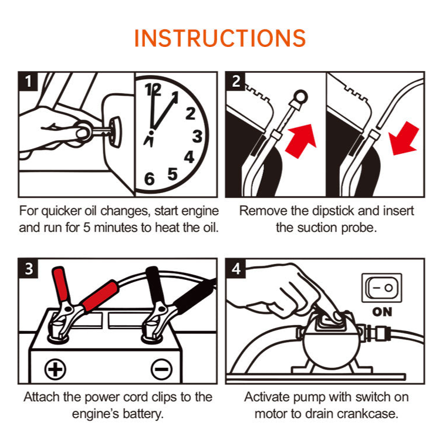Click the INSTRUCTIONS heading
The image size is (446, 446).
[x=220, y=38]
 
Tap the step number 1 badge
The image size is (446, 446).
[x=28, y=81]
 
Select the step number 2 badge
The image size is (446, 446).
[x=236, y=81]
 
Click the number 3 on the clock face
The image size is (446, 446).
[x=197, y=136]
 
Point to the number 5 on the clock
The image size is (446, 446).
[x=173, y=174]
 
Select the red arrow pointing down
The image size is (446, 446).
[x=407, y=138]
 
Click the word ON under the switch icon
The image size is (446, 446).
[x=382, y=312]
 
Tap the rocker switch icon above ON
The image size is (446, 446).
[x=382, y=289]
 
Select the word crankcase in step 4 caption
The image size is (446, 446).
[x=369, y=414]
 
